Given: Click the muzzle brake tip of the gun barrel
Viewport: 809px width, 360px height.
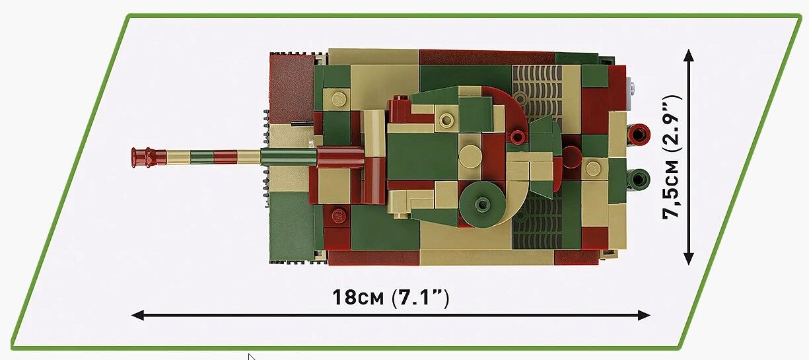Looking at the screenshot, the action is pyautogui.click(x=133, y=158).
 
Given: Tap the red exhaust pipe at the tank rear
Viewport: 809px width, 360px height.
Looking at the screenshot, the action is pyautogui.click(x=639, y=133).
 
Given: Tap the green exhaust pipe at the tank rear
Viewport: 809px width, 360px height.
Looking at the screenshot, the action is pyautogui.click(x=639, y=179).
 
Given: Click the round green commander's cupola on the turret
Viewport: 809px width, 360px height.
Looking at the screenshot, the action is pyautogui.click(x=483, y=203).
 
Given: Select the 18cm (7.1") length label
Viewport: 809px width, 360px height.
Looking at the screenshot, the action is pyautogui.click(x=391, y=297).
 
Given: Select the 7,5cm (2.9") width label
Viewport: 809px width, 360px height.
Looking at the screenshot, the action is pyautogui.click(x=672, y=157).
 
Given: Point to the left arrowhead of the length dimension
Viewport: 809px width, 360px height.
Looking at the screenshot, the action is pyautogui.click(x=137, y=315).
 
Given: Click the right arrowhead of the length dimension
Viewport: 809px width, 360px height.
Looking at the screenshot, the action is pyautogui.click(x=644, y=315).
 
